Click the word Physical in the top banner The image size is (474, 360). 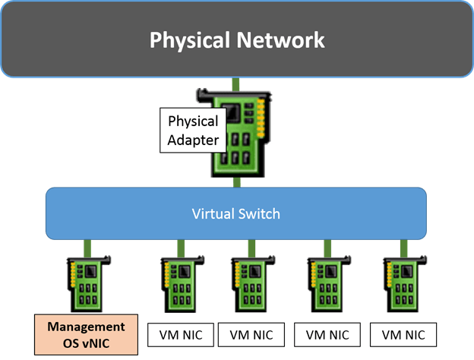click(190, 39)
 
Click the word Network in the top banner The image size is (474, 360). click(281, 39)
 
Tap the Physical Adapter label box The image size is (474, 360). click(193, 130)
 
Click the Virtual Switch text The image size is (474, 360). click(235, 213)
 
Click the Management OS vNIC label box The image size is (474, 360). click(86, 334)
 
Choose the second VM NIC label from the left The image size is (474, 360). click(251, 333)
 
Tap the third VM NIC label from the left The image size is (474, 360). click(327, 333)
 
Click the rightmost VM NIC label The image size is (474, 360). click(403, 333)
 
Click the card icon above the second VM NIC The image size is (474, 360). click(251, 283)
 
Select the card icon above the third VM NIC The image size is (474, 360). click(327, 283)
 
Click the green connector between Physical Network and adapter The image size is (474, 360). click(236, 83)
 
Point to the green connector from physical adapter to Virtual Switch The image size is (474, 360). click(238, 182)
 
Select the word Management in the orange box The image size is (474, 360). click(86, 327)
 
